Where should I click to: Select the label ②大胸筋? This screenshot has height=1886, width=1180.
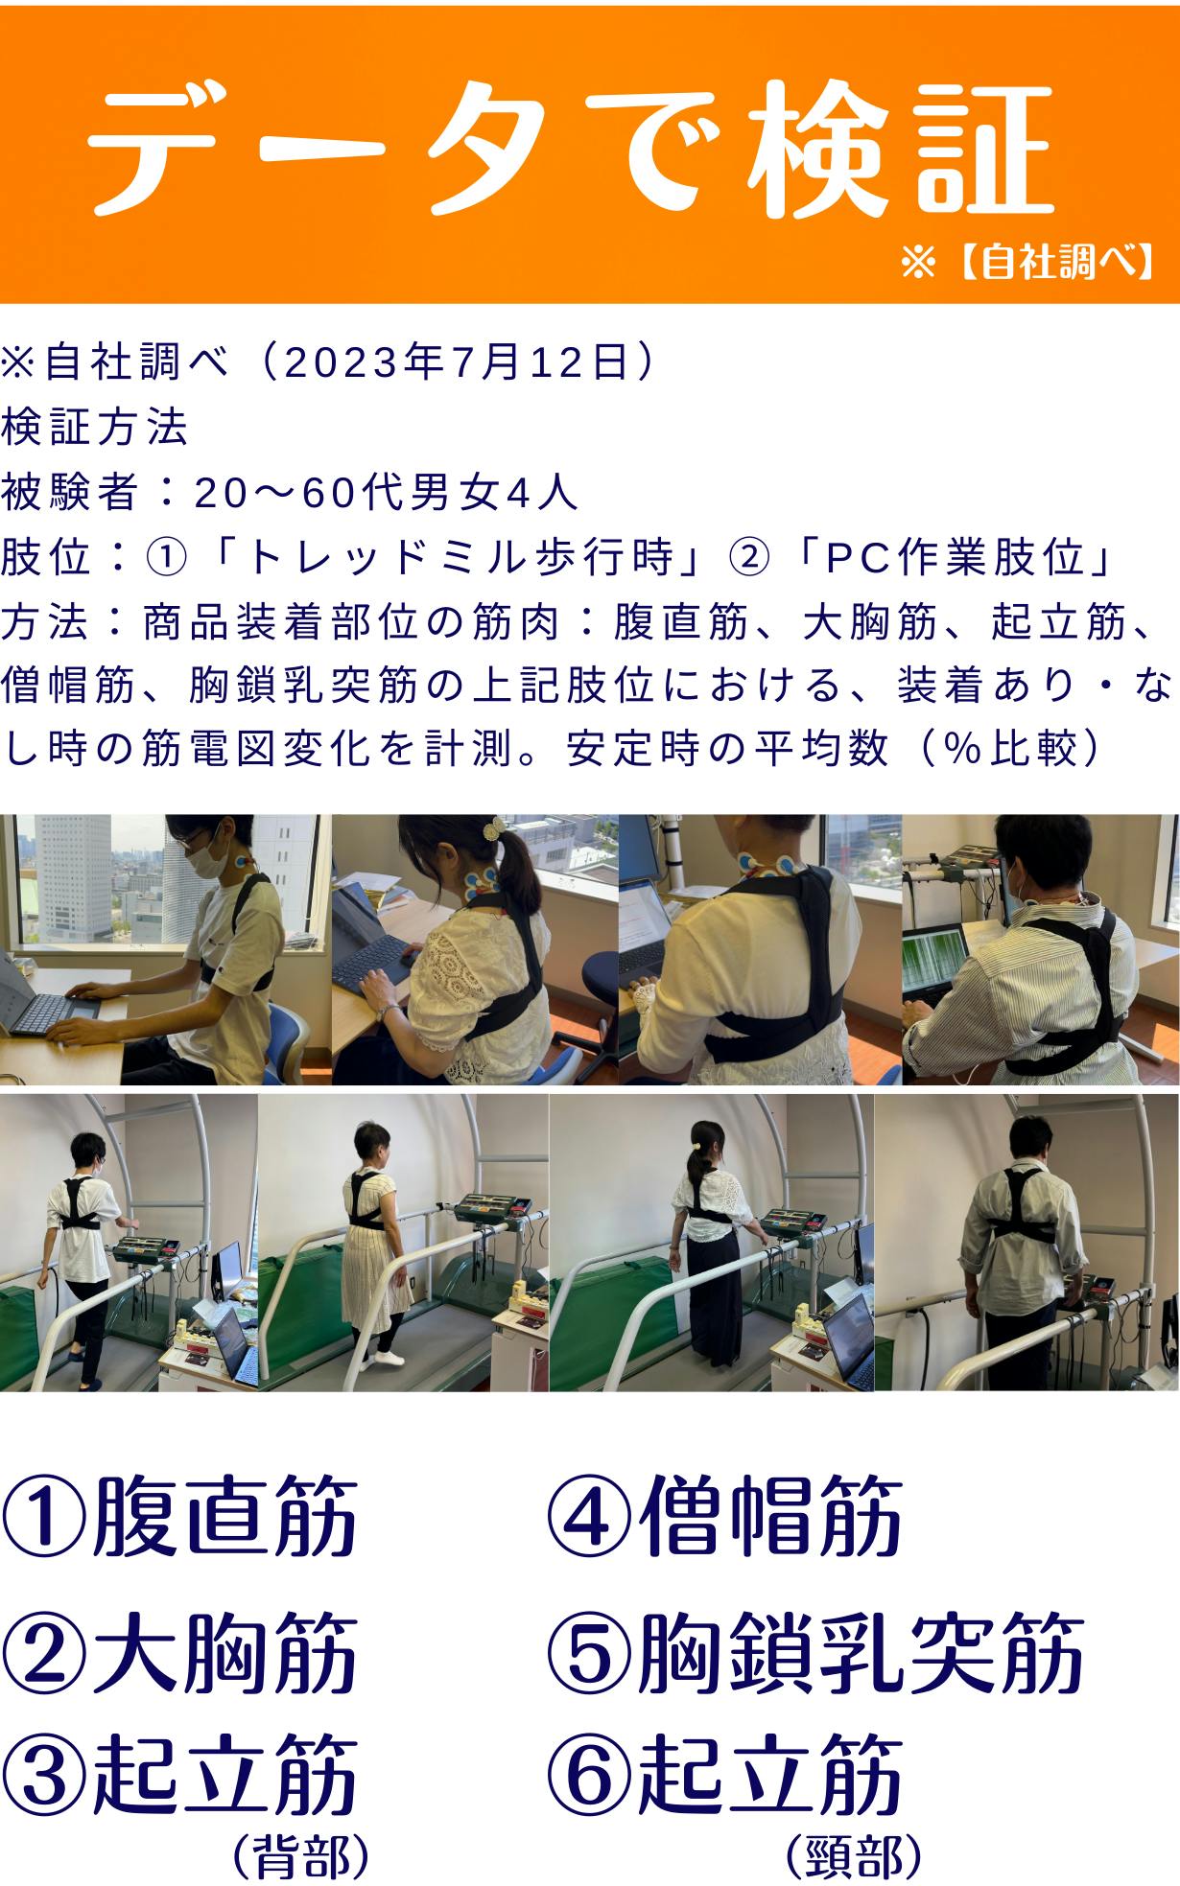(180, 1653)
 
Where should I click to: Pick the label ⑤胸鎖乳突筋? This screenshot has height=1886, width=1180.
(816, 1653)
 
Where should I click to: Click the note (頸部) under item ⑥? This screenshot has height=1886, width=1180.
(854, 1855)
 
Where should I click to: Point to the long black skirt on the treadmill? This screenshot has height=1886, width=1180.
(714, 1298)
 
